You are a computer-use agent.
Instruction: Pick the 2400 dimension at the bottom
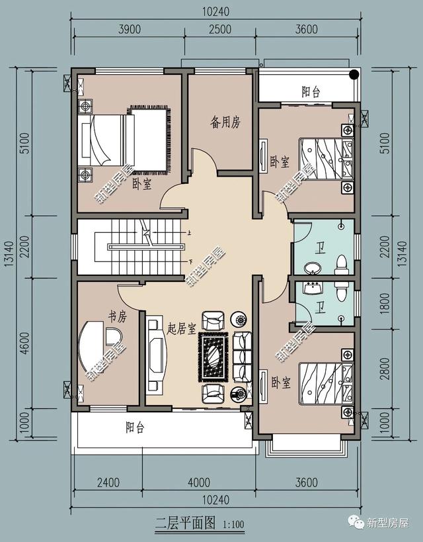(x=108, y=482)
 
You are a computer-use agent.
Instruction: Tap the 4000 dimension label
(x=198, y=482)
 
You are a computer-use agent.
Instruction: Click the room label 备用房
(x=225, y=122)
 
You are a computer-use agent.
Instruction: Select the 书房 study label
(x=117, y=318)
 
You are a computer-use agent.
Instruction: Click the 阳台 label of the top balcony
(x=311, y=92)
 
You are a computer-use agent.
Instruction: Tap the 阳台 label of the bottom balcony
(x=135, y=428)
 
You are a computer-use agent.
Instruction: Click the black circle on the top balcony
(x=355, y=75)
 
